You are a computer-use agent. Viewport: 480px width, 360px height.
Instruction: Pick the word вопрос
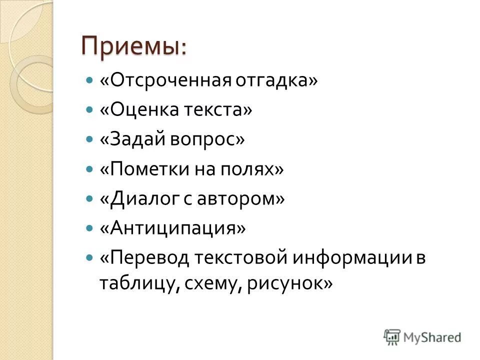coord(209,139)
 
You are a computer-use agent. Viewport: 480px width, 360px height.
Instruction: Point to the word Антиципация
coord(173,228)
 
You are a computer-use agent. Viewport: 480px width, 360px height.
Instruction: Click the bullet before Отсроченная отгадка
coord(89,80)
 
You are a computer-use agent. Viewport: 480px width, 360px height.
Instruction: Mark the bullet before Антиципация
coord(89,228)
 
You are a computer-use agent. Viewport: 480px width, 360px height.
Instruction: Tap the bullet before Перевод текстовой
coord(89,258)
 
